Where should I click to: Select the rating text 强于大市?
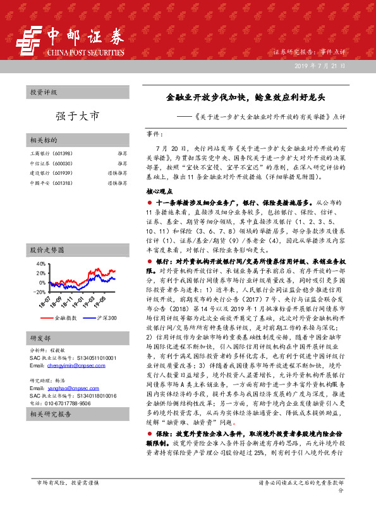pyautogui.click(x=78, y=116)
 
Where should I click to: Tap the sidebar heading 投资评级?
pyautogui.click(x=43, y=93)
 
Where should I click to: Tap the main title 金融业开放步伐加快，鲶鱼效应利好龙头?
pyautogui.click(x=245, y=97)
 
